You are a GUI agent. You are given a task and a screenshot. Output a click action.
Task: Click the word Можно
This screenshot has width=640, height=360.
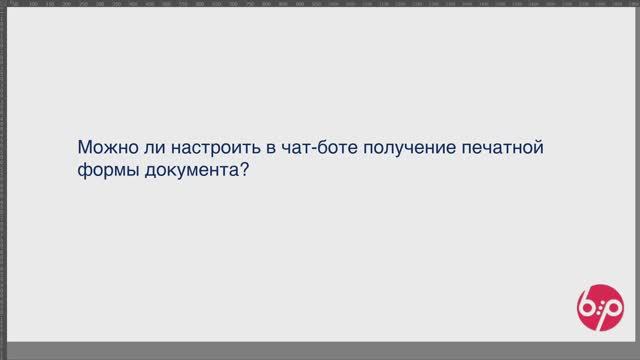106,148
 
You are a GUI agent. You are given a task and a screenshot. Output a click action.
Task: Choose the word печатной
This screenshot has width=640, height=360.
502,148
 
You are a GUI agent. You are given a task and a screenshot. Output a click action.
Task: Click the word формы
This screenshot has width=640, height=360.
107,171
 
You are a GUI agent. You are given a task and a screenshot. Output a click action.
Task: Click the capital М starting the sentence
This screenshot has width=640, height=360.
84,147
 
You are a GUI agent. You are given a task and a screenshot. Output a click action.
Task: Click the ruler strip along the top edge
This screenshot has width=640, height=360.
320,4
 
